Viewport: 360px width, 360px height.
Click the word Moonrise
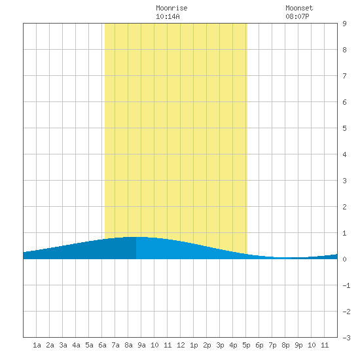[171, 8]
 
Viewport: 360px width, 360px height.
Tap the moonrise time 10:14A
[168, 16]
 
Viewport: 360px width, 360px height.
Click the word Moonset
[299, 8]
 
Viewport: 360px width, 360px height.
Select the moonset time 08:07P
[297, 16]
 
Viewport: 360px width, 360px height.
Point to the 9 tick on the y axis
[344, 24]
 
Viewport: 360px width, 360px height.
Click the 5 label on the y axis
[344, 128]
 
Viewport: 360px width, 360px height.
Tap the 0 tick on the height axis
[344, 259]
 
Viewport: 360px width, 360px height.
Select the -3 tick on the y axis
[346, 338]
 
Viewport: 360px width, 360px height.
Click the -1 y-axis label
[346, 285]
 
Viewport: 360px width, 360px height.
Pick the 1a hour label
[37, 345]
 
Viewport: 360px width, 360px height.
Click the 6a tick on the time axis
[102, 345]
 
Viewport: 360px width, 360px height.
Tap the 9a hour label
[141, 345]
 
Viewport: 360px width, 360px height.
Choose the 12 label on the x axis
[181, 345]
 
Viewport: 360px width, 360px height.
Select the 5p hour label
[246, 345]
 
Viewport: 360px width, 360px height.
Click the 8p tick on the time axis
[285, 345]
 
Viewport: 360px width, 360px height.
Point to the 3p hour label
[220, 345]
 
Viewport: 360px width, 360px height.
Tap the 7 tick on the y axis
[344, 76]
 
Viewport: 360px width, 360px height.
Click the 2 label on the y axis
[344, 207]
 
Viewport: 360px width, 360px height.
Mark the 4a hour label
[76, 345]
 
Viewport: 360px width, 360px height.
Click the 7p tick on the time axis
[272, 345]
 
